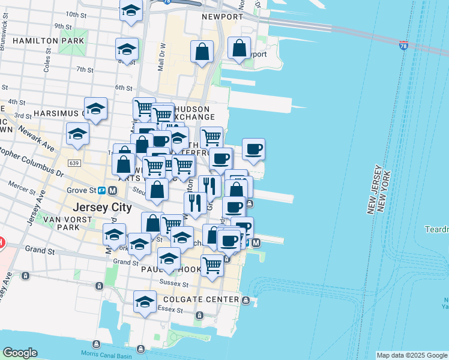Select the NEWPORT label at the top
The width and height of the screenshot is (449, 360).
[222, 17]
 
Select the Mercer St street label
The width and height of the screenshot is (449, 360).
[22, 188]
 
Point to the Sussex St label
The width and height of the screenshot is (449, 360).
[174, 283]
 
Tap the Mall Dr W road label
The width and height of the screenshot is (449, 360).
[161, 57]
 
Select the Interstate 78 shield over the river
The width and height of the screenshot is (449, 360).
[403, 45]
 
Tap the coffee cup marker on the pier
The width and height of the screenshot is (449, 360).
[253, 149]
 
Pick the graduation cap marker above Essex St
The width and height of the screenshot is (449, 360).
[145, 302]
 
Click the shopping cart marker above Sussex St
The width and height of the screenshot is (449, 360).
[212, 265]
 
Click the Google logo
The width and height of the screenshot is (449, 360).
[20, 353]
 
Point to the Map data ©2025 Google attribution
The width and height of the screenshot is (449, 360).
[412, 355]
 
